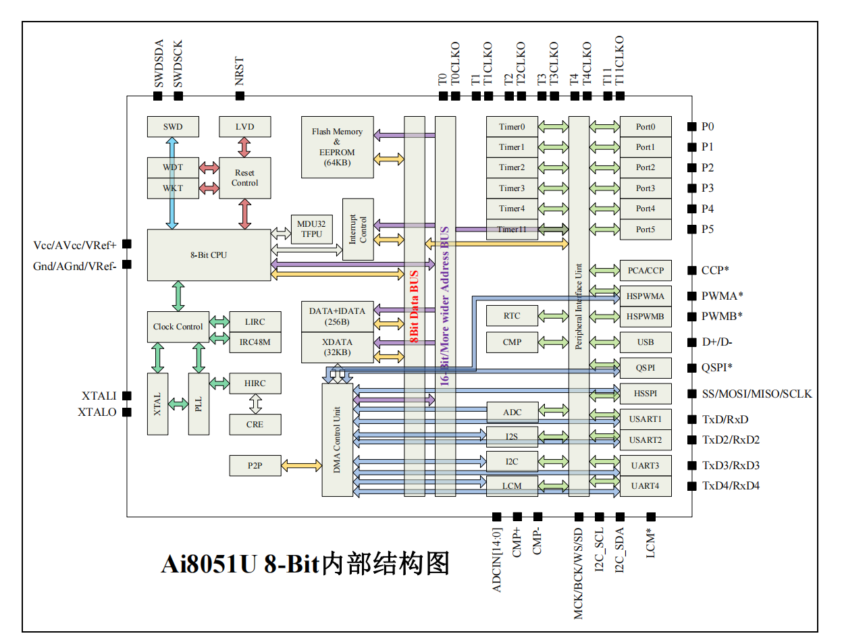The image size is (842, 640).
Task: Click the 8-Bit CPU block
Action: click(208, 255)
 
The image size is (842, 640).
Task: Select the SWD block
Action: click(173, 126)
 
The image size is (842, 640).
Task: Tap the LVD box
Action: click(245, 126)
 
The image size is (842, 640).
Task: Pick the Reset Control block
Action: click(245, 178)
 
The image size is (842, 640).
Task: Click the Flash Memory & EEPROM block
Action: click(337, 147)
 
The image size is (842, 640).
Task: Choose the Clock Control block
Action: click(178, 327)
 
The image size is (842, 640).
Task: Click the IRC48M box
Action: click(255, 342)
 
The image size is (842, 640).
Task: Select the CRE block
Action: click(255, 424)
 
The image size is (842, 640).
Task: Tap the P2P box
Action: click(255, 465)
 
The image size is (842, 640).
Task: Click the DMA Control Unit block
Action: click(338, 439)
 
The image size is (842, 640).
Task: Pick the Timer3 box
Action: click(512, 188)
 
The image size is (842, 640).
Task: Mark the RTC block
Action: click(512, 315)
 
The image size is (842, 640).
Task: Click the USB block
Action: click(646, 342)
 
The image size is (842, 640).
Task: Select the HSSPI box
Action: click(646, 393)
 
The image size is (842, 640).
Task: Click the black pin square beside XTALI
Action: click(126, 396)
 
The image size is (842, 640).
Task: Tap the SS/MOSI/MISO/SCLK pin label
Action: click(757, 394)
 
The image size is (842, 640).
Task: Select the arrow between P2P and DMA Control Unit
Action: click(301, 465)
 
